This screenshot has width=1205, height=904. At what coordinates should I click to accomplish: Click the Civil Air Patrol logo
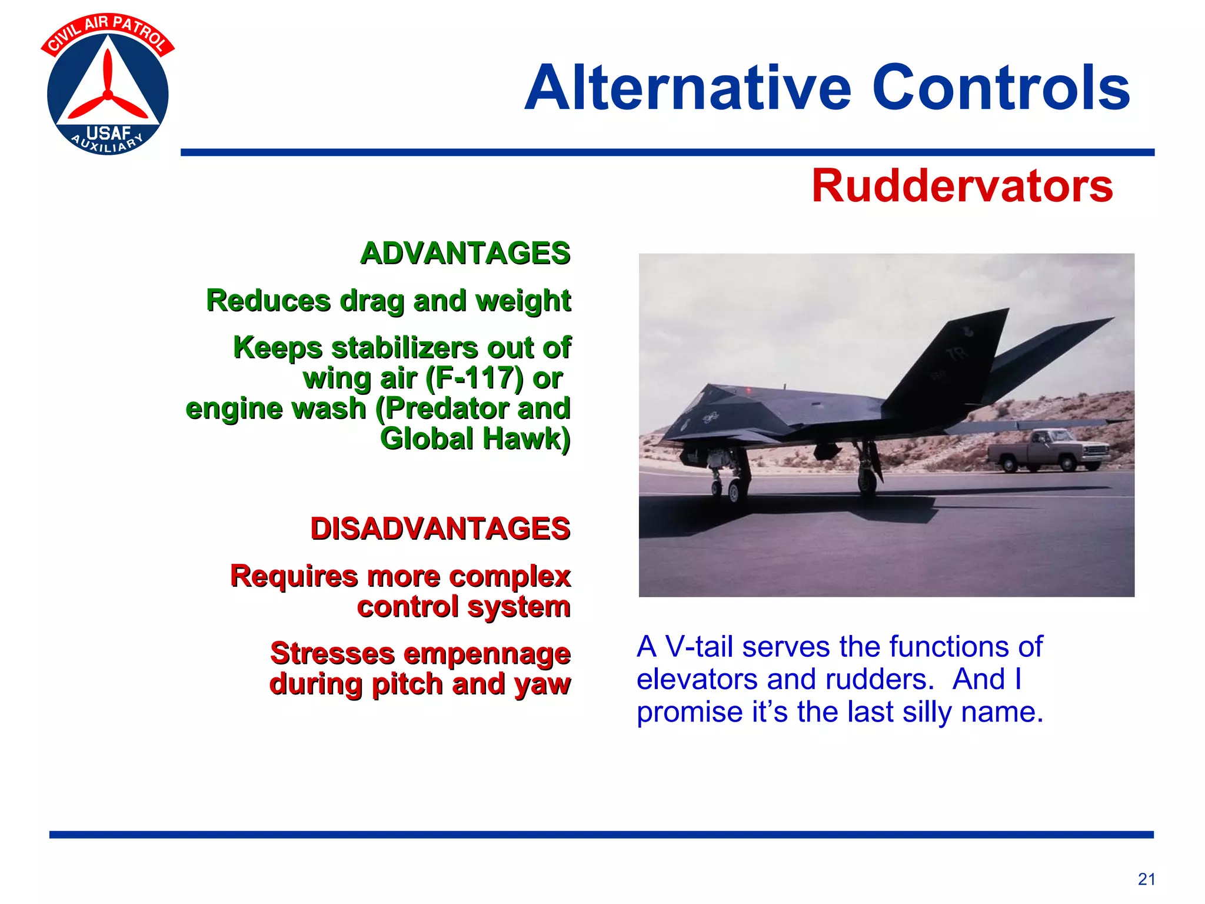click(x=108, y=85)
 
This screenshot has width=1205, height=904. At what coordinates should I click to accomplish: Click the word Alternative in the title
click(x=687, y=88)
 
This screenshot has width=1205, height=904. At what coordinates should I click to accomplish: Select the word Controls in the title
click(x=1000, y=88)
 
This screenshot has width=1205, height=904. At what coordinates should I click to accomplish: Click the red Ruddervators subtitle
click(x=962, y=187)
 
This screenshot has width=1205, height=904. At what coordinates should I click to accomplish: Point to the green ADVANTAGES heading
click(x=465, y=254)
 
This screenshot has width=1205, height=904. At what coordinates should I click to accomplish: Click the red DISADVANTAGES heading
click(x=440, y=529)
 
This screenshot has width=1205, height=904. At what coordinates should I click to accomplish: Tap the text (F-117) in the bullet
click(x=474, y=378)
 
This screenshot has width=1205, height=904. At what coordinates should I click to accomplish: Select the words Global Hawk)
click(x=475, y=439)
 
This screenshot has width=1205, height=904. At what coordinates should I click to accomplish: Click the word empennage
click(x=487, y=654)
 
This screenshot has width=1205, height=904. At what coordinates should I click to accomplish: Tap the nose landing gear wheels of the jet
click(x=726, y=488)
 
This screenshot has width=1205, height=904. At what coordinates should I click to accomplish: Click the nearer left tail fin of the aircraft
click(x=947, y=359)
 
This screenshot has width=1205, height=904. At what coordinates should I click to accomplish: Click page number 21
click(x=1146, y=879)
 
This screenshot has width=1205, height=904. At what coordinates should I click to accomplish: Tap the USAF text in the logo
click(x=108, y=133)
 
